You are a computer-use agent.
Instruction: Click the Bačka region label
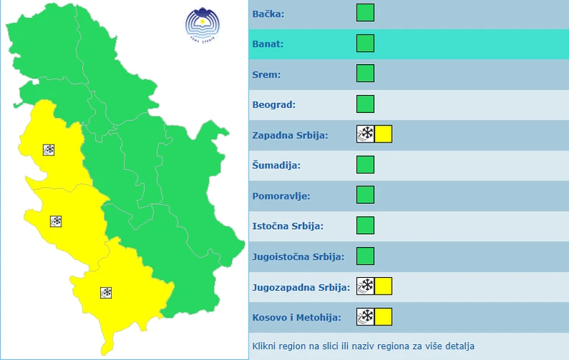tap(268, 14)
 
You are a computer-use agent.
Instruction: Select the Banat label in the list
tap(268, 44)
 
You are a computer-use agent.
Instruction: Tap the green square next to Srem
tap(365, 73)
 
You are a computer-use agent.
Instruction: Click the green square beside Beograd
tap(365, 104)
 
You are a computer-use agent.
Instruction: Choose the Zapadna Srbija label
tap(290, 135)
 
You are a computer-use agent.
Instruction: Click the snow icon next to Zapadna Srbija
tap(365, 134)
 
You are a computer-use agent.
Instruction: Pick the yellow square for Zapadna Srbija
tap(383, 134)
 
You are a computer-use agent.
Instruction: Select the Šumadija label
tap(277, 166)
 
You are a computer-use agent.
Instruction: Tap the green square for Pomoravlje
tap(365, 195)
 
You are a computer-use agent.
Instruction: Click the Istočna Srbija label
tap(288, 226)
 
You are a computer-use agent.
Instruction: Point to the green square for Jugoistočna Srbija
tap(365, 256)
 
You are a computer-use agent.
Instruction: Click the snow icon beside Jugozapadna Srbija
tap(365, 287)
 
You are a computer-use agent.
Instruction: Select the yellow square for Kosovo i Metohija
tap(383, 317)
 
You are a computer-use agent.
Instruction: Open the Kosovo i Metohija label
tap(296, 317)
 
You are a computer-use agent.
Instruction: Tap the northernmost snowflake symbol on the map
tap(50, 150)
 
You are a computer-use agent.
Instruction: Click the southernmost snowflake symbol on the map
tap(106, 292)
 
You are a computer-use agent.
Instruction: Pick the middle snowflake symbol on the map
tap(55, 221)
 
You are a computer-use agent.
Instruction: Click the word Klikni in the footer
tap(265, 346)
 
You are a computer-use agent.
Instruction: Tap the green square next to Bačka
tap(365, 13)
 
